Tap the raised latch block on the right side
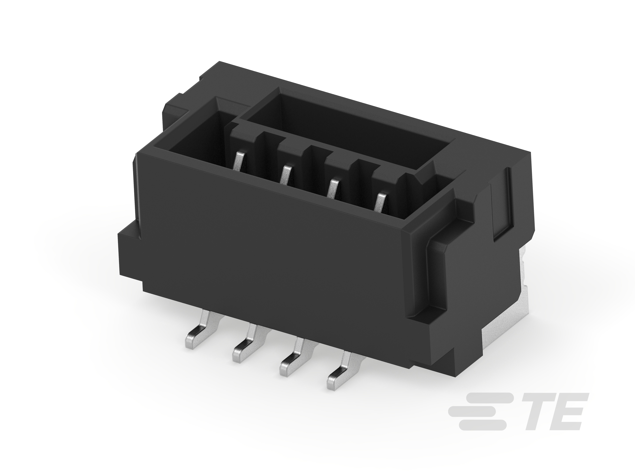pyautogui.click(x=448, y=275)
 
